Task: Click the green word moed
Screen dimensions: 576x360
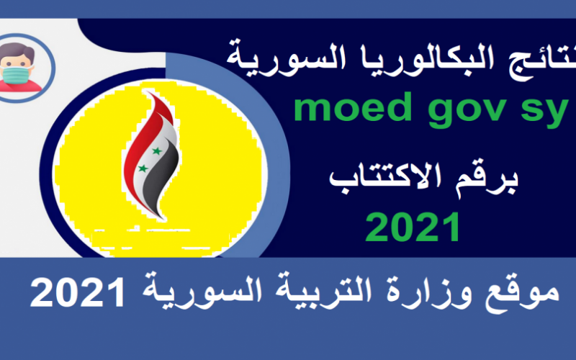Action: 353,107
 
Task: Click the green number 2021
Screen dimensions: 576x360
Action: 413,227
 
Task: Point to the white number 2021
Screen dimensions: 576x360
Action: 78,293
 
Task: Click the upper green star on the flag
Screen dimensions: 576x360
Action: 157,151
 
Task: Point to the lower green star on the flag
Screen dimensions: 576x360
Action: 143,168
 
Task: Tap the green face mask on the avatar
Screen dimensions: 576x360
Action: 16,76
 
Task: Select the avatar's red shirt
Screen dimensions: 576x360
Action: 19,86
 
